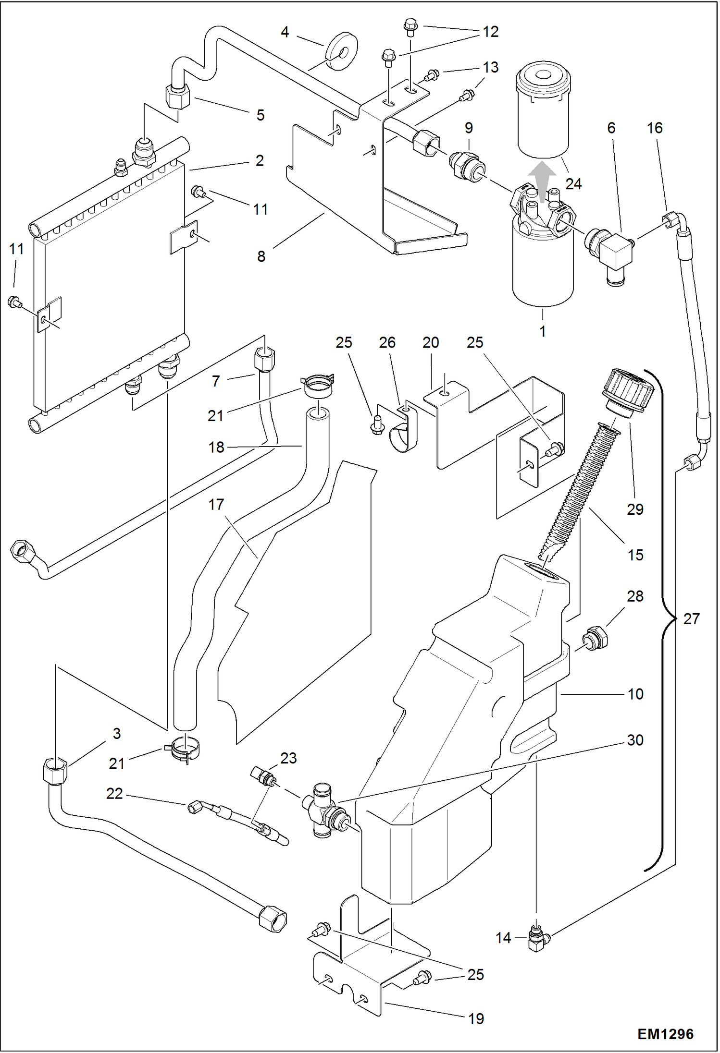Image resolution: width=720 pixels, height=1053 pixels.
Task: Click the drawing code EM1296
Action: pyautogui.click(x=665, y=1034)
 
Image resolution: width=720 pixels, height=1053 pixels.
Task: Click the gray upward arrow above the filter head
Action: pyautogui.click(x=543, y=182)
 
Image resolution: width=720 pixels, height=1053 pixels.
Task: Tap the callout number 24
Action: pyautogui.click(x=573, y=184)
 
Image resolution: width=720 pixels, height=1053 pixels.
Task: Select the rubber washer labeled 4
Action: pyautogui.click(x=342, y=51)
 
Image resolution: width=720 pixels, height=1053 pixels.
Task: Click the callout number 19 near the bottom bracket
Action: pyautogui.click(x=476, y=1018)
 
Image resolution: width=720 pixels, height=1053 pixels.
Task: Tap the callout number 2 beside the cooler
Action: pyautogui.click(x=260, y=160)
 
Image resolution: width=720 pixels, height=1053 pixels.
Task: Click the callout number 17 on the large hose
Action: pyautogui.click(x=216, y=505)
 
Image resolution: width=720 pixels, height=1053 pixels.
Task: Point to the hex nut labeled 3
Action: pyautogui.click(x=55, y=771)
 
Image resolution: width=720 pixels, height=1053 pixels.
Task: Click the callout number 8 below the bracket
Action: pyautogui.click(x=261, y=256)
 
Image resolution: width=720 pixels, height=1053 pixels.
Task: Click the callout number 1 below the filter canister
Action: pyautogui.click(x=543, y=331)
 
